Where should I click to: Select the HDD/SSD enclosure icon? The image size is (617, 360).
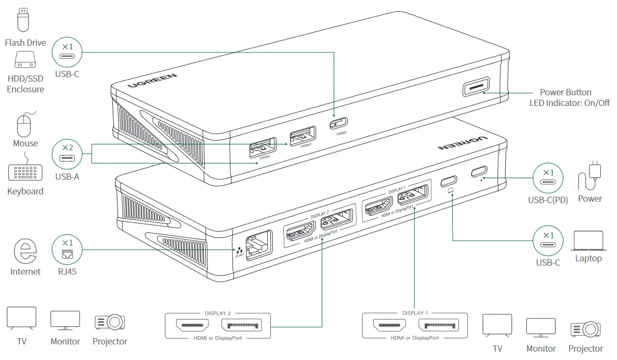[x=25, y=60]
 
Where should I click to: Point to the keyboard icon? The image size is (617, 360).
[x=25, y=173]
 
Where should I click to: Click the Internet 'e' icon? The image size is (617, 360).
[x=25, y=251]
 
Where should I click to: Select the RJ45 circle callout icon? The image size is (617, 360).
[x=67, y=250]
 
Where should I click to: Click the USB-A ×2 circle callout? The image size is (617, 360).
[x=67, y=154]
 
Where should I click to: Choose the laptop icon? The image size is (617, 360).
[x=588, y=242]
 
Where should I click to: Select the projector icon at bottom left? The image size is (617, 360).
[x=110, y=323]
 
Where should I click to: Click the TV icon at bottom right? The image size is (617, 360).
[x=497, y=326]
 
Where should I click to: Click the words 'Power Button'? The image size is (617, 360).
[x=566, y=92]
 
